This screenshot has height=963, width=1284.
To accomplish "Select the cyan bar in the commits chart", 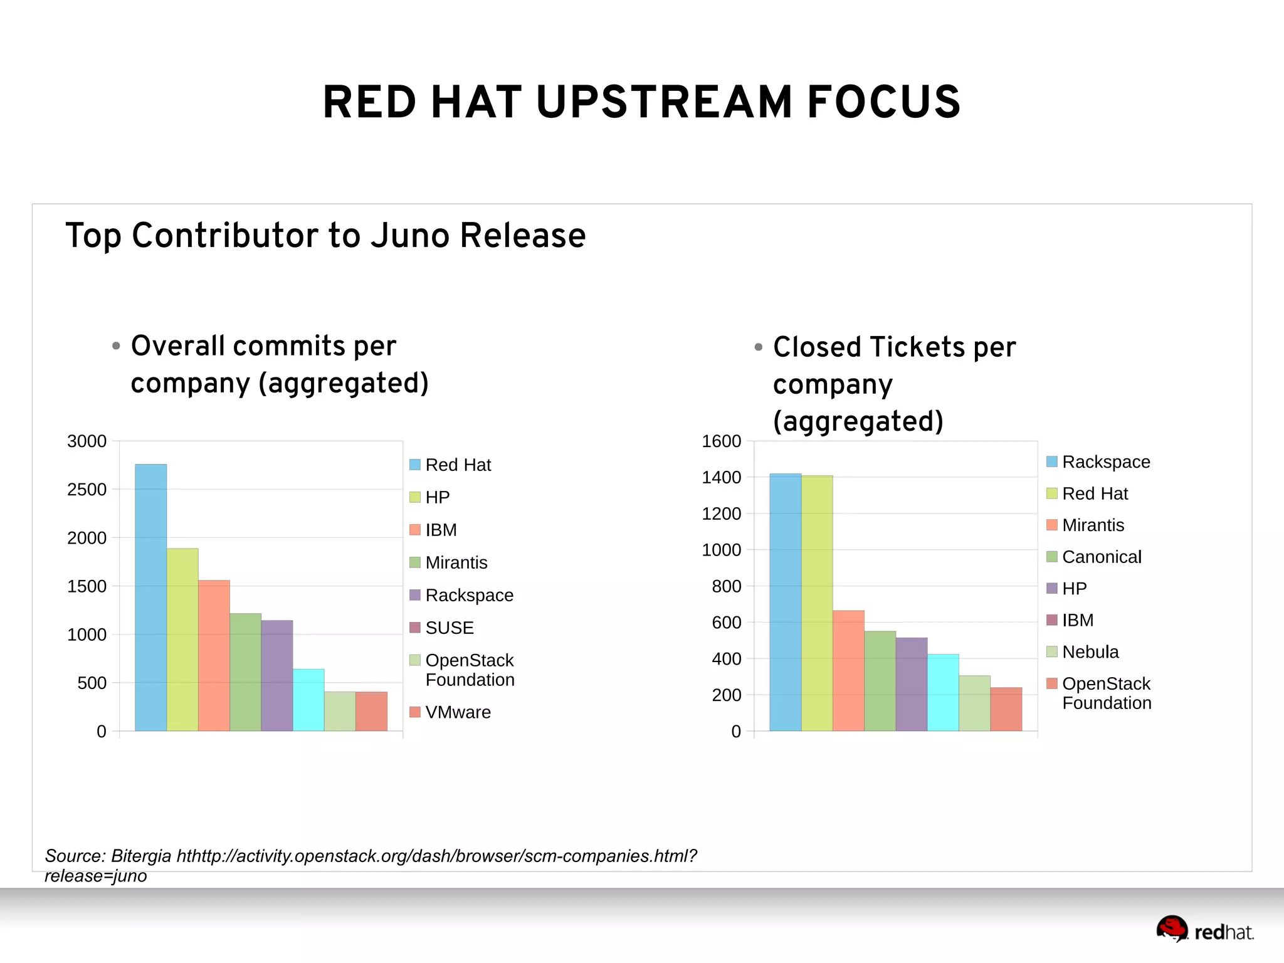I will point(308,700).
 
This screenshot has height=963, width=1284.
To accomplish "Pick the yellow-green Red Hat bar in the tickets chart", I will point(817,603).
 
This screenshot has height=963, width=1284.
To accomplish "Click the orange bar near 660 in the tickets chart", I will point(848,670).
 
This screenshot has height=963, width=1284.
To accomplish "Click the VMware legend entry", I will point(458,712).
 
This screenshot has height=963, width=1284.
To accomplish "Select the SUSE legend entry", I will point(449,628).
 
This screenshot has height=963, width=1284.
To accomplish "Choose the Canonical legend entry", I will point(1101,557).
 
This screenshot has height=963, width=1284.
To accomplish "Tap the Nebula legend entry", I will point(1090,652).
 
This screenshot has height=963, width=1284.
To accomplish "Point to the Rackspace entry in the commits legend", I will point(469,595).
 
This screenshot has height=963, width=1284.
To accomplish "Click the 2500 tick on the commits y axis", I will point(87,490).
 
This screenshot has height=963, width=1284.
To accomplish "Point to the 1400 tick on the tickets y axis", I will point(721,478).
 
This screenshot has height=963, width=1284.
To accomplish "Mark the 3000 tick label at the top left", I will point(87,441).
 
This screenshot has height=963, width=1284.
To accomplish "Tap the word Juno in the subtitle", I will point(410,236).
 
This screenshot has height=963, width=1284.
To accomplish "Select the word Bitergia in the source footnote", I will point(141,856).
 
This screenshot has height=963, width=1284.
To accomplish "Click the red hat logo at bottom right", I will point(1171,929).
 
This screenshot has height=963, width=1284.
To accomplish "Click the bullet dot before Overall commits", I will point(116,346).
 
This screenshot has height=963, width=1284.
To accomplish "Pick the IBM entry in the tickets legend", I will point(1077,620).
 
